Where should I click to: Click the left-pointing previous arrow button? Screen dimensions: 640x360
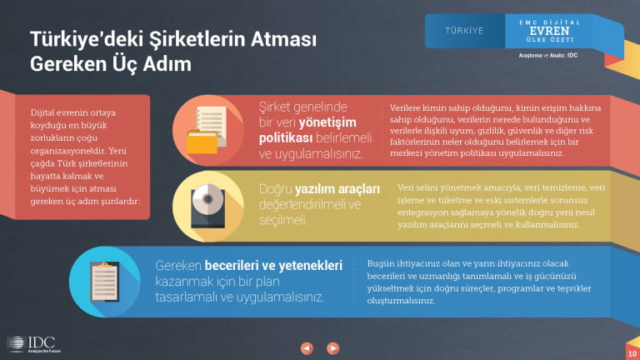click(x=307, y=348)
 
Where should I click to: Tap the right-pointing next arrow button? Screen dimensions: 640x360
click(x=332, y=348)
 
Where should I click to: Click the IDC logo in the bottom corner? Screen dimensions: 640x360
click(x=33, y=344)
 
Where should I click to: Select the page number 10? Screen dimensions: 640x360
click(x=632, y=354)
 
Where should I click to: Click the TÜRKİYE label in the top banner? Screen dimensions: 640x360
click(x=464, y=31)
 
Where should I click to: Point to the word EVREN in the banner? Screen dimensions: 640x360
click(x=549, y=31)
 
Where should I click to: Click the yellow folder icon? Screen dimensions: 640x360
click(x=202, y=141)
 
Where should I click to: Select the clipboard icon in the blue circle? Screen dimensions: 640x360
click(x=104, y=282)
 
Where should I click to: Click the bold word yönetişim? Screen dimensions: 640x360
click(x=327, y=122)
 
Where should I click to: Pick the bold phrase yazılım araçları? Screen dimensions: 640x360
click(x=337, y=189)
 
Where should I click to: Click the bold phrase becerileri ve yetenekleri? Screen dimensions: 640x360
click(x=273, y=266)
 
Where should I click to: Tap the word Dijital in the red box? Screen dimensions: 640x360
click(x=42, y=112)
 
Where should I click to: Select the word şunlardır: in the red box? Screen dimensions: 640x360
click(x=120, y=202)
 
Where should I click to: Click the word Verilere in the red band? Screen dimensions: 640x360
click(x=405, y=108)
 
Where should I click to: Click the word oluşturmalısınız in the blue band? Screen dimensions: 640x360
click(x=401, y=301)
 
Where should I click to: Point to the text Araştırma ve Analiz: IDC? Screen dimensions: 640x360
click(x=548, y=56)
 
